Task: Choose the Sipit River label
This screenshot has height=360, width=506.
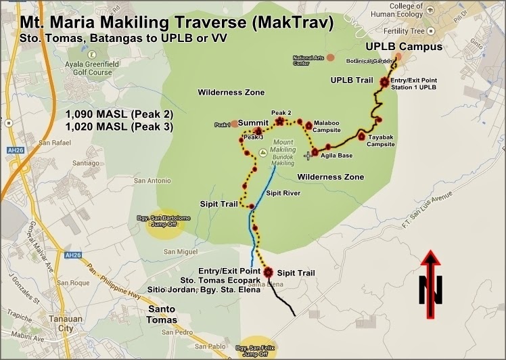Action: point(283,193)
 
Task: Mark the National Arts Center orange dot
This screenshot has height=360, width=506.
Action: point(330,58)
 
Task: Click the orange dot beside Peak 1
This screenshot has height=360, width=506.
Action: point(233,124)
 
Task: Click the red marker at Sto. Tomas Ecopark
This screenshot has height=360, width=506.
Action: point(268,272)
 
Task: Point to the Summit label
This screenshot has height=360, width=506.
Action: point(254,122)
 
